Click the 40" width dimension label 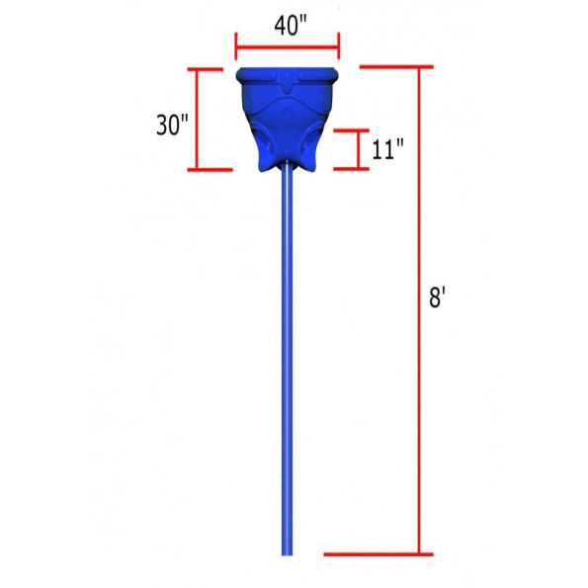[291, 26]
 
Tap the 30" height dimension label [172, 125]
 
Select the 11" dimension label [387, 149]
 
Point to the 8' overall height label [437, 297]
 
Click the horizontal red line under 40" [288, 47]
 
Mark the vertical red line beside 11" [359, 149]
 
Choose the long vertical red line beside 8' [419, 310]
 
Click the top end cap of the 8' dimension [396, 67]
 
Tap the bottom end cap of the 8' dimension [378, 554]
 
